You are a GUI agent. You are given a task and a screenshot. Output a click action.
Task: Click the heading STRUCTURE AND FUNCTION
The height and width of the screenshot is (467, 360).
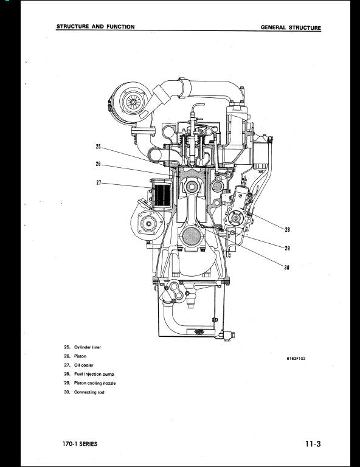pos(95,27)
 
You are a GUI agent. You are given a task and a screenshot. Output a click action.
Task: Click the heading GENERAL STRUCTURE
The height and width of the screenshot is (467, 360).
pos(291,27)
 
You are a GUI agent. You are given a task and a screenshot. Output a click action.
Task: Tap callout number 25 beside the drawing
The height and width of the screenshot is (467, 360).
pos(99,146)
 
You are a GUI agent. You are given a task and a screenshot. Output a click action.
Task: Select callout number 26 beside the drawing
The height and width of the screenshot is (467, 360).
pos(99,164)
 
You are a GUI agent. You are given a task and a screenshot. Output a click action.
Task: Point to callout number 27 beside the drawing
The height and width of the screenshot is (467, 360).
pos(99,182)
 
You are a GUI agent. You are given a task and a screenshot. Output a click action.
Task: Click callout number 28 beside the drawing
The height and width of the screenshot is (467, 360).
pos(287,229)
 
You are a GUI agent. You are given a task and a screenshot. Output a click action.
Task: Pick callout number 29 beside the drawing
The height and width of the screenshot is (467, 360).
pos(287,247)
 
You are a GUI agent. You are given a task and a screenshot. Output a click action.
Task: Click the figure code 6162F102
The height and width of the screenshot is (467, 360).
pos(296,359)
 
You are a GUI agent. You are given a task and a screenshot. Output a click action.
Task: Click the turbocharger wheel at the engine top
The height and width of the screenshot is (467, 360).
pos(130,100)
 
